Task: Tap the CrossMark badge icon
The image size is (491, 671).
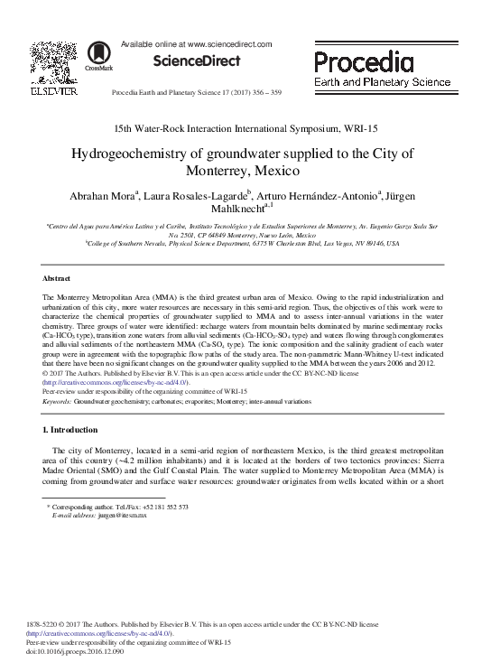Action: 92,57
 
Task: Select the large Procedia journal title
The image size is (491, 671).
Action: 365,62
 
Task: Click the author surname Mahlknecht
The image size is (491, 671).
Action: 237,210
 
